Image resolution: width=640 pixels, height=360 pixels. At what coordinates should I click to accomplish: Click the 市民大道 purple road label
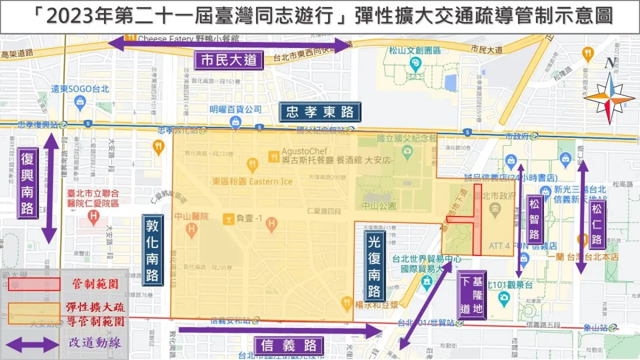tap(229, 60)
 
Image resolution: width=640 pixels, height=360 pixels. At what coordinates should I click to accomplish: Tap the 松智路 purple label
tap(534, 219)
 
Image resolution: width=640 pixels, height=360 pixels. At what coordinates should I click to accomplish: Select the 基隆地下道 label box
tap(471, 295)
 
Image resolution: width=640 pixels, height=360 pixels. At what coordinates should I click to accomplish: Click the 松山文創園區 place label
tap(414, 51)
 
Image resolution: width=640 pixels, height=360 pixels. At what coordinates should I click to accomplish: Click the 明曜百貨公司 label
tap(235, 109)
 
